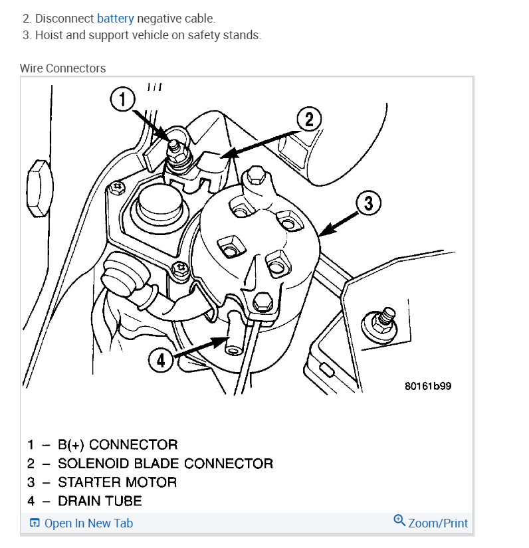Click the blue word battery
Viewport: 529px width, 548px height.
point(115,18)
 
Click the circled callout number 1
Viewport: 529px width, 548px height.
point(122,100)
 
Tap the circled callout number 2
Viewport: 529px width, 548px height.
point(308,120)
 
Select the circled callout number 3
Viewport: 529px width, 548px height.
point(369,203)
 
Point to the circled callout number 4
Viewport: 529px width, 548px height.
point(161,361)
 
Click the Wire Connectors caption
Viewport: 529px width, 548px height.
point(62,68)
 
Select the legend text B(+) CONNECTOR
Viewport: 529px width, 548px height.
point(118,444)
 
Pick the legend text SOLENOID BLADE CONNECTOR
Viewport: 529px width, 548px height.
point(165,463)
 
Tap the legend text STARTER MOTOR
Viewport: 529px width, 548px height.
point(118,482)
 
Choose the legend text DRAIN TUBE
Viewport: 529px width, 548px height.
point(100,500)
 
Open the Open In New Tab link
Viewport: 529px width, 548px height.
point(88,523)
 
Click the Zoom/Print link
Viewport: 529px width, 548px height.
point(438,523)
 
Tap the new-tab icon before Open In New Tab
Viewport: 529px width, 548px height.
point(35,523)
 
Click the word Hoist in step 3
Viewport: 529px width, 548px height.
point(50,35)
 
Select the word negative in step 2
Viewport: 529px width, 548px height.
point(158,18)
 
